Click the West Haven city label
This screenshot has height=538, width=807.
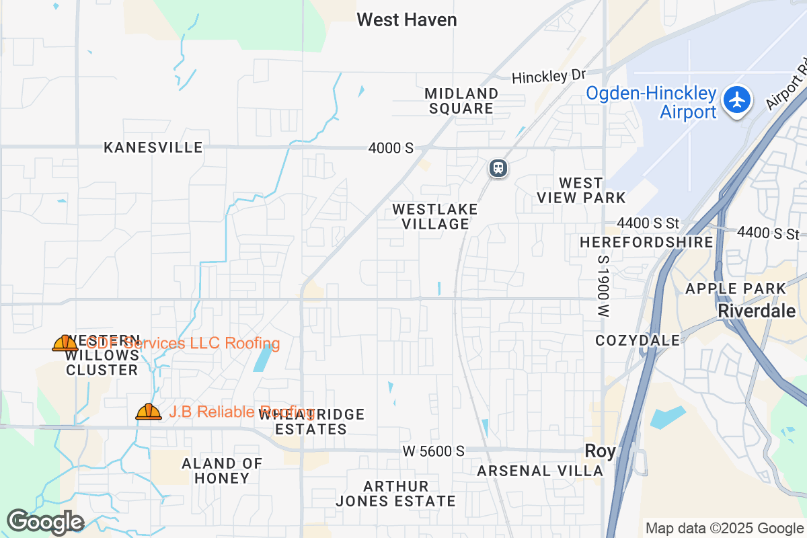[407, 20]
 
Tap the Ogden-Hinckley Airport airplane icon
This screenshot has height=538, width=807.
[738, 100]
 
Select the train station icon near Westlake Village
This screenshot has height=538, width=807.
[498, 167]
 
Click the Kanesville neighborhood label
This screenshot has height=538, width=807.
[153, 147]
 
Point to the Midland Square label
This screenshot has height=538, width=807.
[461, 101]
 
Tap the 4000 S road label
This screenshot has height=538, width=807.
[391, 148]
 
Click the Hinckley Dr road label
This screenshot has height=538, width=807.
[549, 77]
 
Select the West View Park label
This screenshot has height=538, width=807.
[581, 190]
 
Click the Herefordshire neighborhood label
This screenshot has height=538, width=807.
[646, 242]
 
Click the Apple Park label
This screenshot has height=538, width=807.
[735, 289]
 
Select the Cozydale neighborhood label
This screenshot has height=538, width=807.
[638, 340]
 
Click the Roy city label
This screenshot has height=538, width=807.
[600, 451]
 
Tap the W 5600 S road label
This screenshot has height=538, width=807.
[434, 451]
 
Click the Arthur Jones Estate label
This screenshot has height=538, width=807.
[395, 494]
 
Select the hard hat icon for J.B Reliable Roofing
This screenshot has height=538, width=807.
[149, 412]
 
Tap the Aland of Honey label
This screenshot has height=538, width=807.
[221, 471]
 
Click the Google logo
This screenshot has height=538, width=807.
[45, 522]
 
